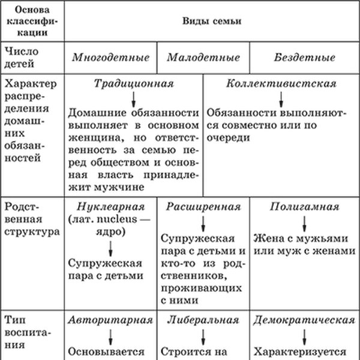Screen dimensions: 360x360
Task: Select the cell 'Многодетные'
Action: pos(111,58)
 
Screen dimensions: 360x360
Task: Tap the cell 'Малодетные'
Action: pos(203,58)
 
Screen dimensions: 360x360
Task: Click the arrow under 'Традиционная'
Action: pos(134,98)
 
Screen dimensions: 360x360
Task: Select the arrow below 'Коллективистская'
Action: pos(281,98)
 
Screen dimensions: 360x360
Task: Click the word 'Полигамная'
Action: pos(305,206)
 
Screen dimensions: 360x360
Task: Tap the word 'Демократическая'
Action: pos(305,319)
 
